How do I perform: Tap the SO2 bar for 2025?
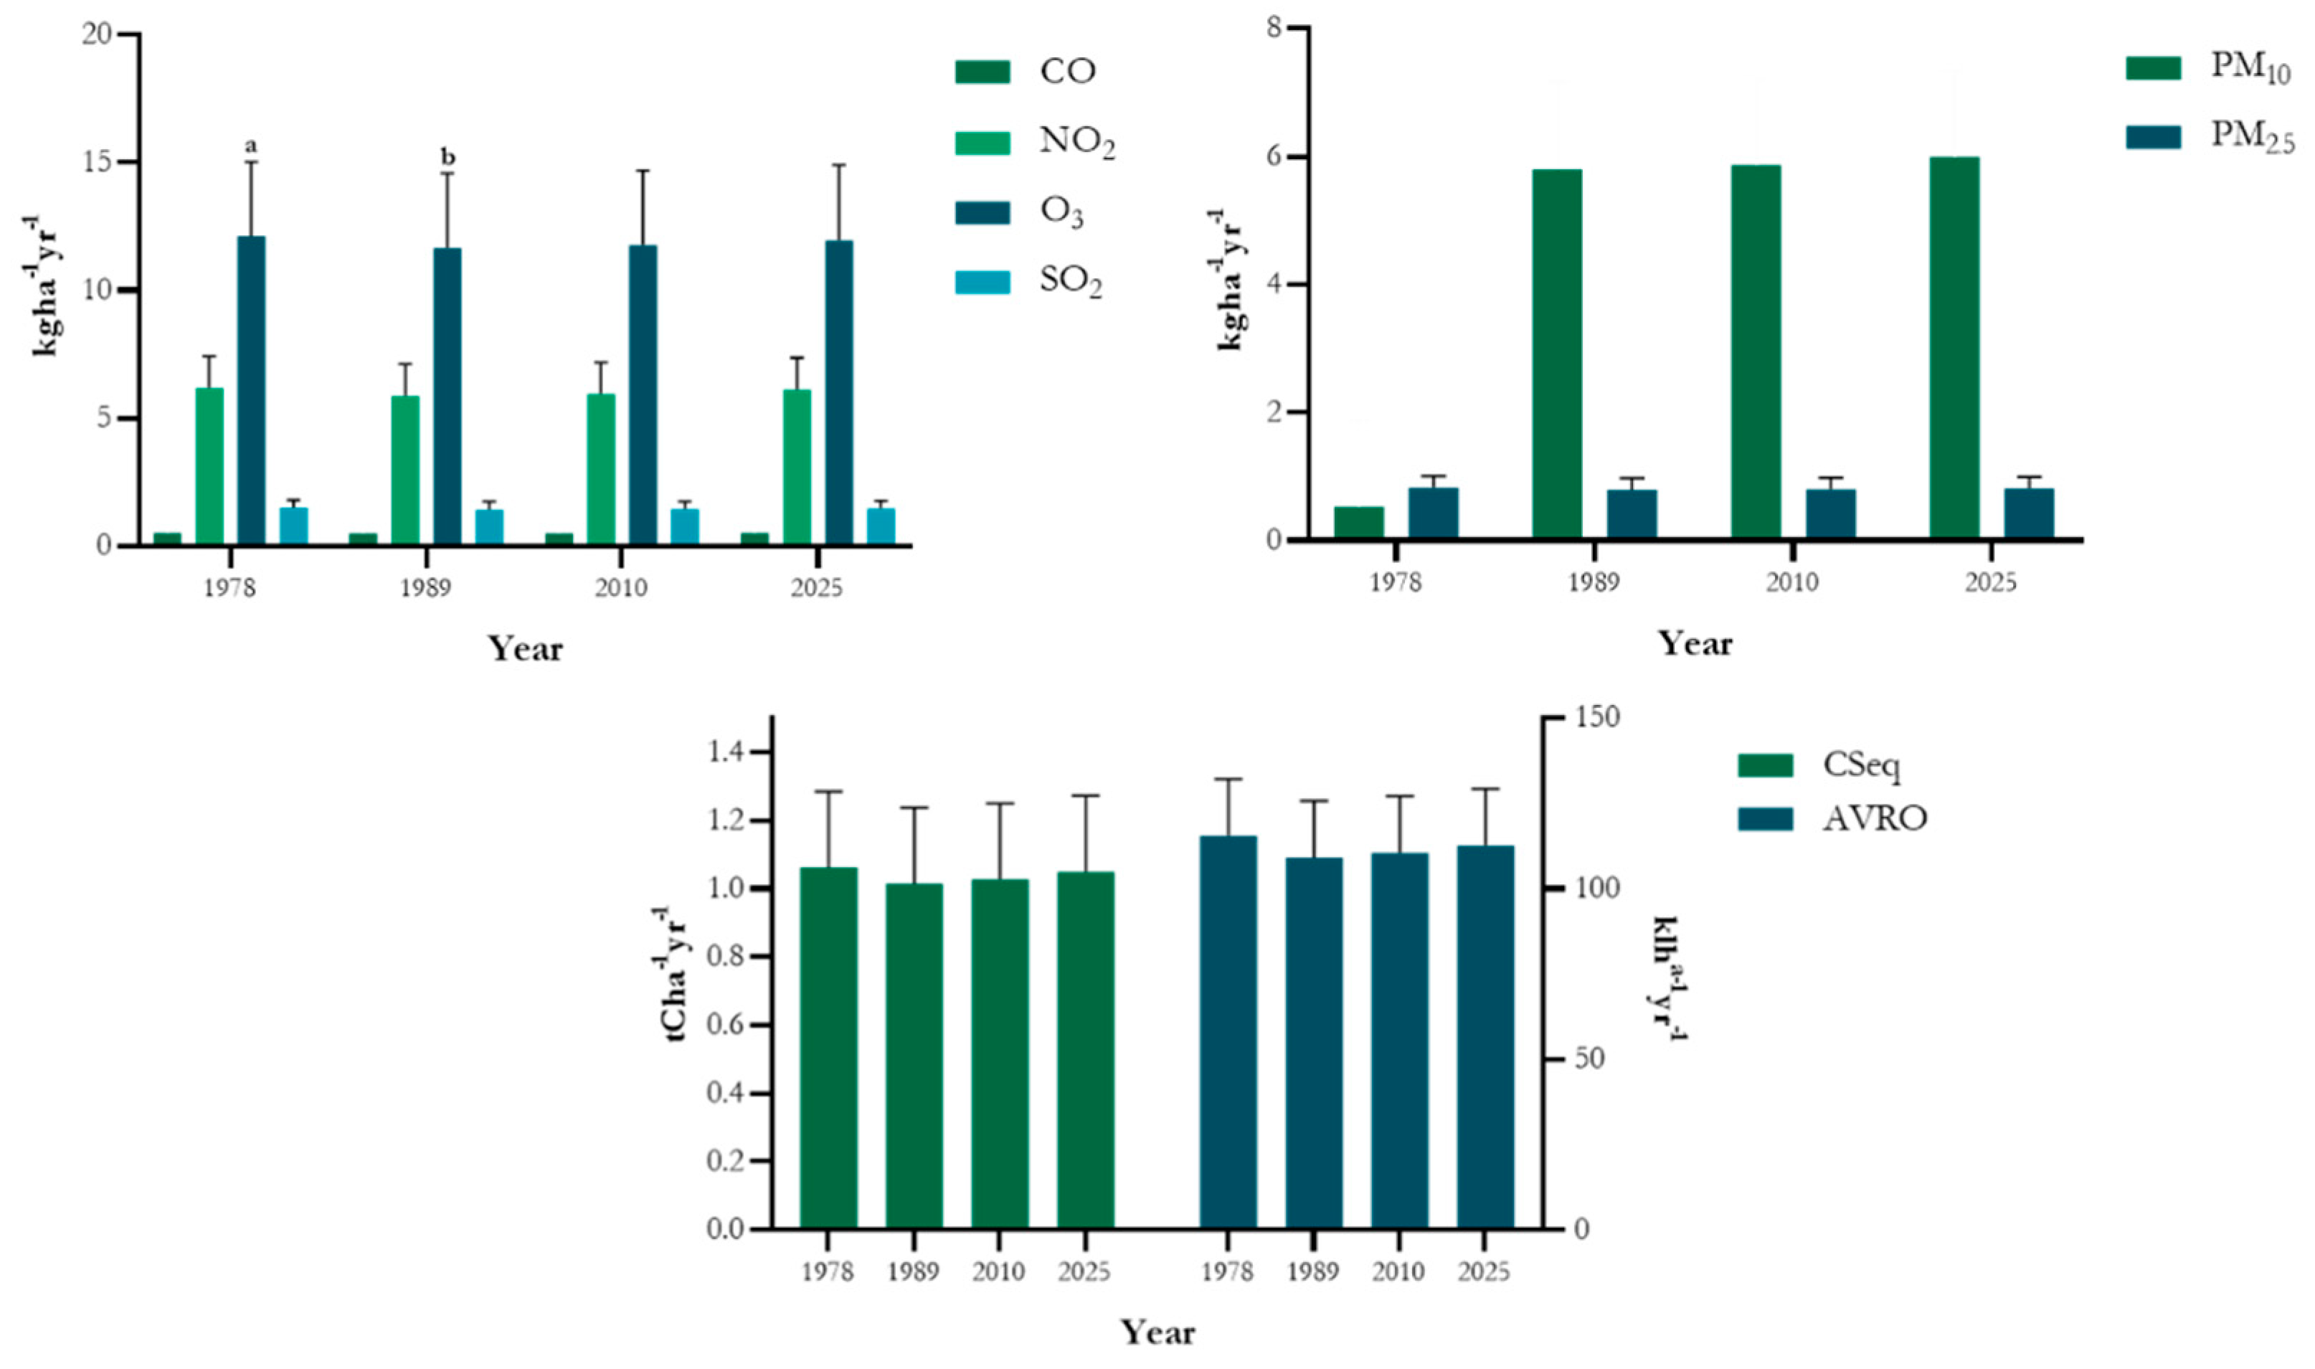click(x=880, y=526)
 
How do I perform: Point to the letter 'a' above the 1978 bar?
click(x=251, y=146)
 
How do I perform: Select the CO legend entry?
click(x=1024, y=71)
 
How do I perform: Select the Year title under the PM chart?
click(x=1695, y=643)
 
